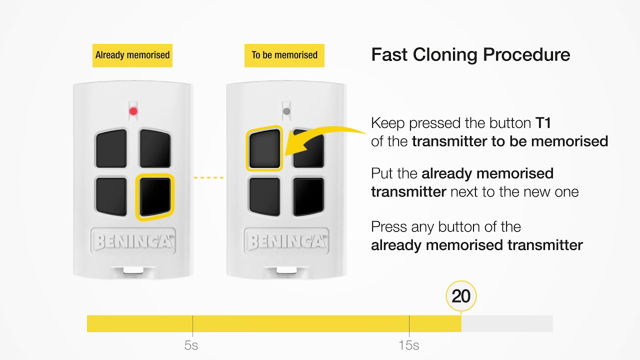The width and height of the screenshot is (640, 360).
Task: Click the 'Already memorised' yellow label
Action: (x=132, y=55)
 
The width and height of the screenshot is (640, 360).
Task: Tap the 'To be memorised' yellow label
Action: (x=284, y=55)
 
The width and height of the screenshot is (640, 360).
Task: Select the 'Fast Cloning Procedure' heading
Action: (x=470, y=54)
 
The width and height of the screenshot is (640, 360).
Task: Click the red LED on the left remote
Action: (x=133, y=111)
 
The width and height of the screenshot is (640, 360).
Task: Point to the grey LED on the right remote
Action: (x=286, y=111)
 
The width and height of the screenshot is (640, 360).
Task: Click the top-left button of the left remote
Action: (x=111, y=148)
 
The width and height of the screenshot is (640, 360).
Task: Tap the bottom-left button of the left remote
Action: (x=111, y=196)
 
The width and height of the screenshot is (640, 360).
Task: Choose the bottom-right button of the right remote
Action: (x=308, y=196)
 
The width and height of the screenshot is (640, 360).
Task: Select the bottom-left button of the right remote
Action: (x=264, y=196)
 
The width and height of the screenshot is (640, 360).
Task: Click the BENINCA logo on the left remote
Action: (x=133, y=241)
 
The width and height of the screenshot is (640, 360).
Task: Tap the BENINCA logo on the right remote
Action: (x=286, y=241)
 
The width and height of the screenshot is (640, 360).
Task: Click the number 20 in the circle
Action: (x=461, y=296)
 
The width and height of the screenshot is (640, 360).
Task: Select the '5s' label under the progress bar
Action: (x=191, y=345)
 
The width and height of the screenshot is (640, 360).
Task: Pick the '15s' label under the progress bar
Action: (x=409, y=345)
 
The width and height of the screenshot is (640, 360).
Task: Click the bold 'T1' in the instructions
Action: (x=543, y=123)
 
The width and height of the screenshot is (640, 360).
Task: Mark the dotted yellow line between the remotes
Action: (x=208, y=177)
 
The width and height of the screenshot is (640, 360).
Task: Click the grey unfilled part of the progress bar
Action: (x=507, y=323)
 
